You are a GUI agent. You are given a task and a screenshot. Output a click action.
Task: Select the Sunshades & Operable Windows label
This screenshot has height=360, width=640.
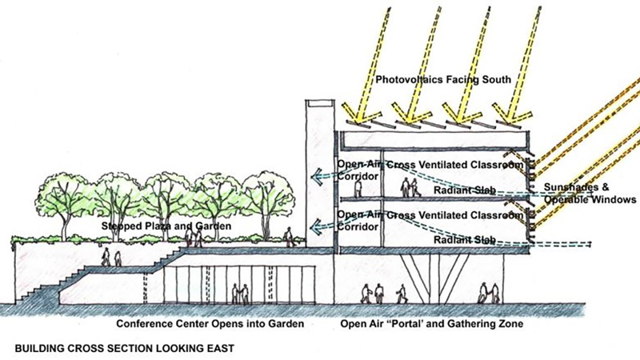590,193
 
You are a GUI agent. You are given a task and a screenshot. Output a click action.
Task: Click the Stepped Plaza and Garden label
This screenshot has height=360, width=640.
167,227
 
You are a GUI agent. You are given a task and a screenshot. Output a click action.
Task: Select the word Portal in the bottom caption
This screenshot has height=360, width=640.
412,324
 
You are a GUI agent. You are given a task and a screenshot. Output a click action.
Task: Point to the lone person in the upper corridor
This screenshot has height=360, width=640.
358,190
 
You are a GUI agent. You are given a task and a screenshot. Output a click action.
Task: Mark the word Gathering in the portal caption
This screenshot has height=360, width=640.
468,324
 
